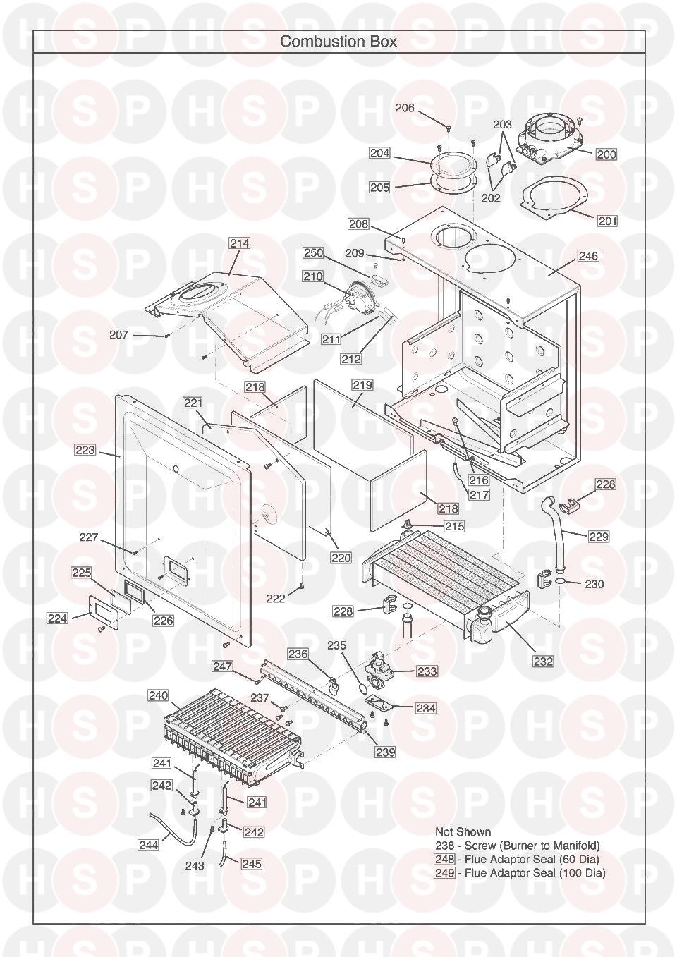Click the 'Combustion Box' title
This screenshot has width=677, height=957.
coord(338,42)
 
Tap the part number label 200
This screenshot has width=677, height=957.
coord(606,154)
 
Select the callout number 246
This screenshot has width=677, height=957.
coord(588,256)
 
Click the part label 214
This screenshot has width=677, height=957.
coord(239,243)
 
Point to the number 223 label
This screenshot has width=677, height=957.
coord(85,450)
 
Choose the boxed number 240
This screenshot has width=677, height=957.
coord(158,695)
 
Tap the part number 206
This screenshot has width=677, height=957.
coord(405,108)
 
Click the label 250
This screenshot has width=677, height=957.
coord(313,253)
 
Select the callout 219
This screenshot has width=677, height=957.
coord(362,385)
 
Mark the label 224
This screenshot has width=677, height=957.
coord(57,618)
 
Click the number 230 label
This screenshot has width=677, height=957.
coord(594,584)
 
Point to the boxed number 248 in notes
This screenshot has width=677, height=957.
coord(444,859)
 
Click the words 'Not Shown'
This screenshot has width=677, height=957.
coord(463,831)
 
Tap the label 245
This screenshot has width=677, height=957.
coord(251,863)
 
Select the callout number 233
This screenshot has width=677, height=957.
coord(427,671)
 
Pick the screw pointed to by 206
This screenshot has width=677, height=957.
coord(448,127)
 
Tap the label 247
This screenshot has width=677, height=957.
coord(222,666)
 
